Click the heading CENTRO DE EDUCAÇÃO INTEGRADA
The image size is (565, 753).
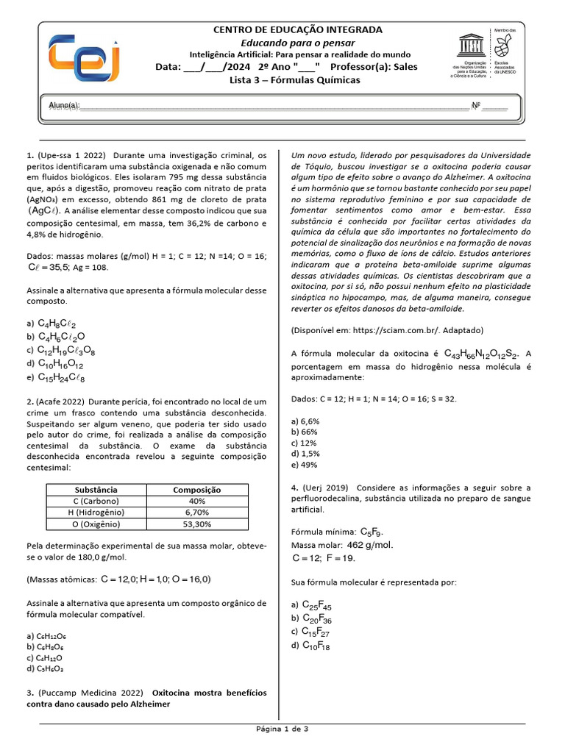(x=297, y=30)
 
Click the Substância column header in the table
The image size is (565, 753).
(x=96, y=489)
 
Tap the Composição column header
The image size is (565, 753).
(x=196, y=489)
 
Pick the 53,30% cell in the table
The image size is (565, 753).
(x=196, y=524)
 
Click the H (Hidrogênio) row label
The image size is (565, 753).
(x=96, y=513)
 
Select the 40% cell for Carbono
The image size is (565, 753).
(x=196, y=501)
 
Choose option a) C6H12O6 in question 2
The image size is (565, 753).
(x=46, y=635)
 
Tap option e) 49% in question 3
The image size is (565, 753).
(x=305, y=464)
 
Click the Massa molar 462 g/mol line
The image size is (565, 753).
(x=343, y=545)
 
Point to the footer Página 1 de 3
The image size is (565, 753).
(x=282, y=729)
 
